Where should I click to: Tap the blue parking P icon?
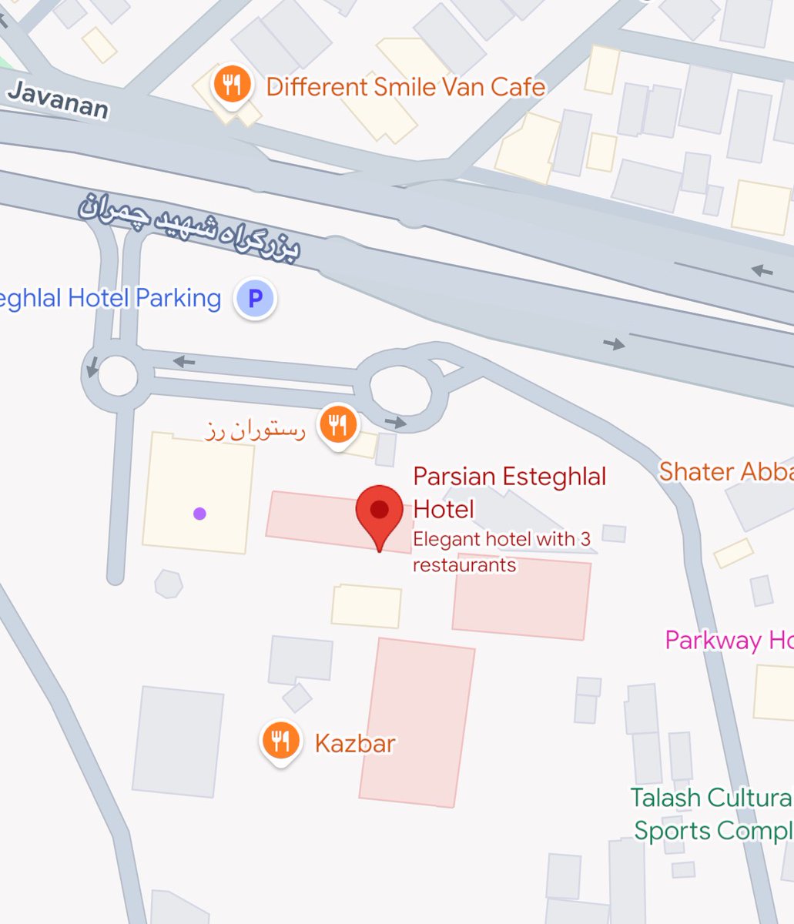point(254,299)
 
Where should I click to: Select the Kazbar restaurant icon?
point(280,741)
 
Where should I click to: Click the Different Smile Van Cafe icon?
point(229,85)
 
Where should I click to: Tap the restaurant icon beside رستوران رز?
point(337,424)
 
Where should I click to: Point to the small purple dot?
point(199,514)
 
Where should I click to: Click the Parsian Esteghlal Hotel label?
point(509,492)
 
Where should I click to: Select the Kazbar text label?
point(355,743)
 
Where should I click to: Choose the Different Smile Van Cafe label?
point(406,86)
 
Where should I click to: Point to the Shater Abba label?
point(725,471)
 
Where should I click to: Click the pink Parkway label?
point(729,640)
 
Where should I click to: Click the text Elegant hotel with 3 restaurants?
point(501,551)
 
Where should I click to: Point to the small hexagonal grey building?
point(168,584)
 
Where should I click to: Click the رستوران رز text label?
point(256,430)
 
